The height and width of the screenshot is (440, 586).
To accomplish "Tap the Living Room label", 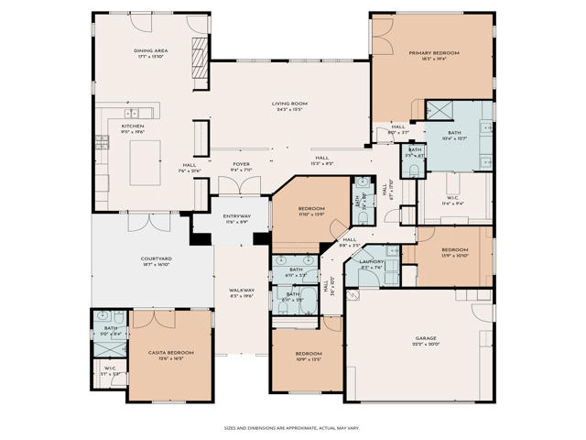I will click(x=288, y=104).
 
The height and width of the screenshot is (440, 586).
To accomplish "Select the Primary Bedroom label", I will click(x=433, y=53).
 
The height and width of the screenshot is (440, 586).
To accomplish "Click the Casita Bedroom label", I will click(x=171, y=352).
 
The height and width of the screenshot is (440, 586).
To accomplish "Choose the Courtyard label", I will click(x=157, y=259).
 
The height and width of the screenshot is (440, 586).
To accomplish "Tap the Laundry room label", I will click(x=371, y=261).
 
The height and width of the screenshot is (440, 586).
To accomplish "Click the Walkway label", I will click(x=242, y=291).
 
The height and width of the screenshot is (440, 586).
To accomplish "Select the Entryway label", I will click(x=237, y=216).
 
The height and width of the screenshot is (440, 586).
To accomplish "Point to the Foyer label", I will click(x=241, y=164).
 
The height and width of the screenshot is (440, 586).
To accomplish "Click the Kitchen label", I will click(x=133, y=126).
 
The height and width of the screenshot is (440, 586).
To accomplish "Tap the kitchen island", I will click(x=146, y=163).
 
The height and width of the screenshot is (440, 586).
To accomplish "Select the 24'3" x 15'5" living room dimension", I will click(x=288, y=110).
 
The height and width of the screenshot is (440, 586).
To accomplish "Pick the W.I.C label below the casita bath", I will click(x=110, y=368).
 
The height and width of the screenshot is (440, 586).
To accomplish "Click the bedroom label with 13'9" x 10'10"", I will click(x=455, y=250).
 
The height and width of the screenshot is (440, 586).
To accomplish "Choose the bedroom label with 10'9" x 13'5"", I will click(x=308, y=354).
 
